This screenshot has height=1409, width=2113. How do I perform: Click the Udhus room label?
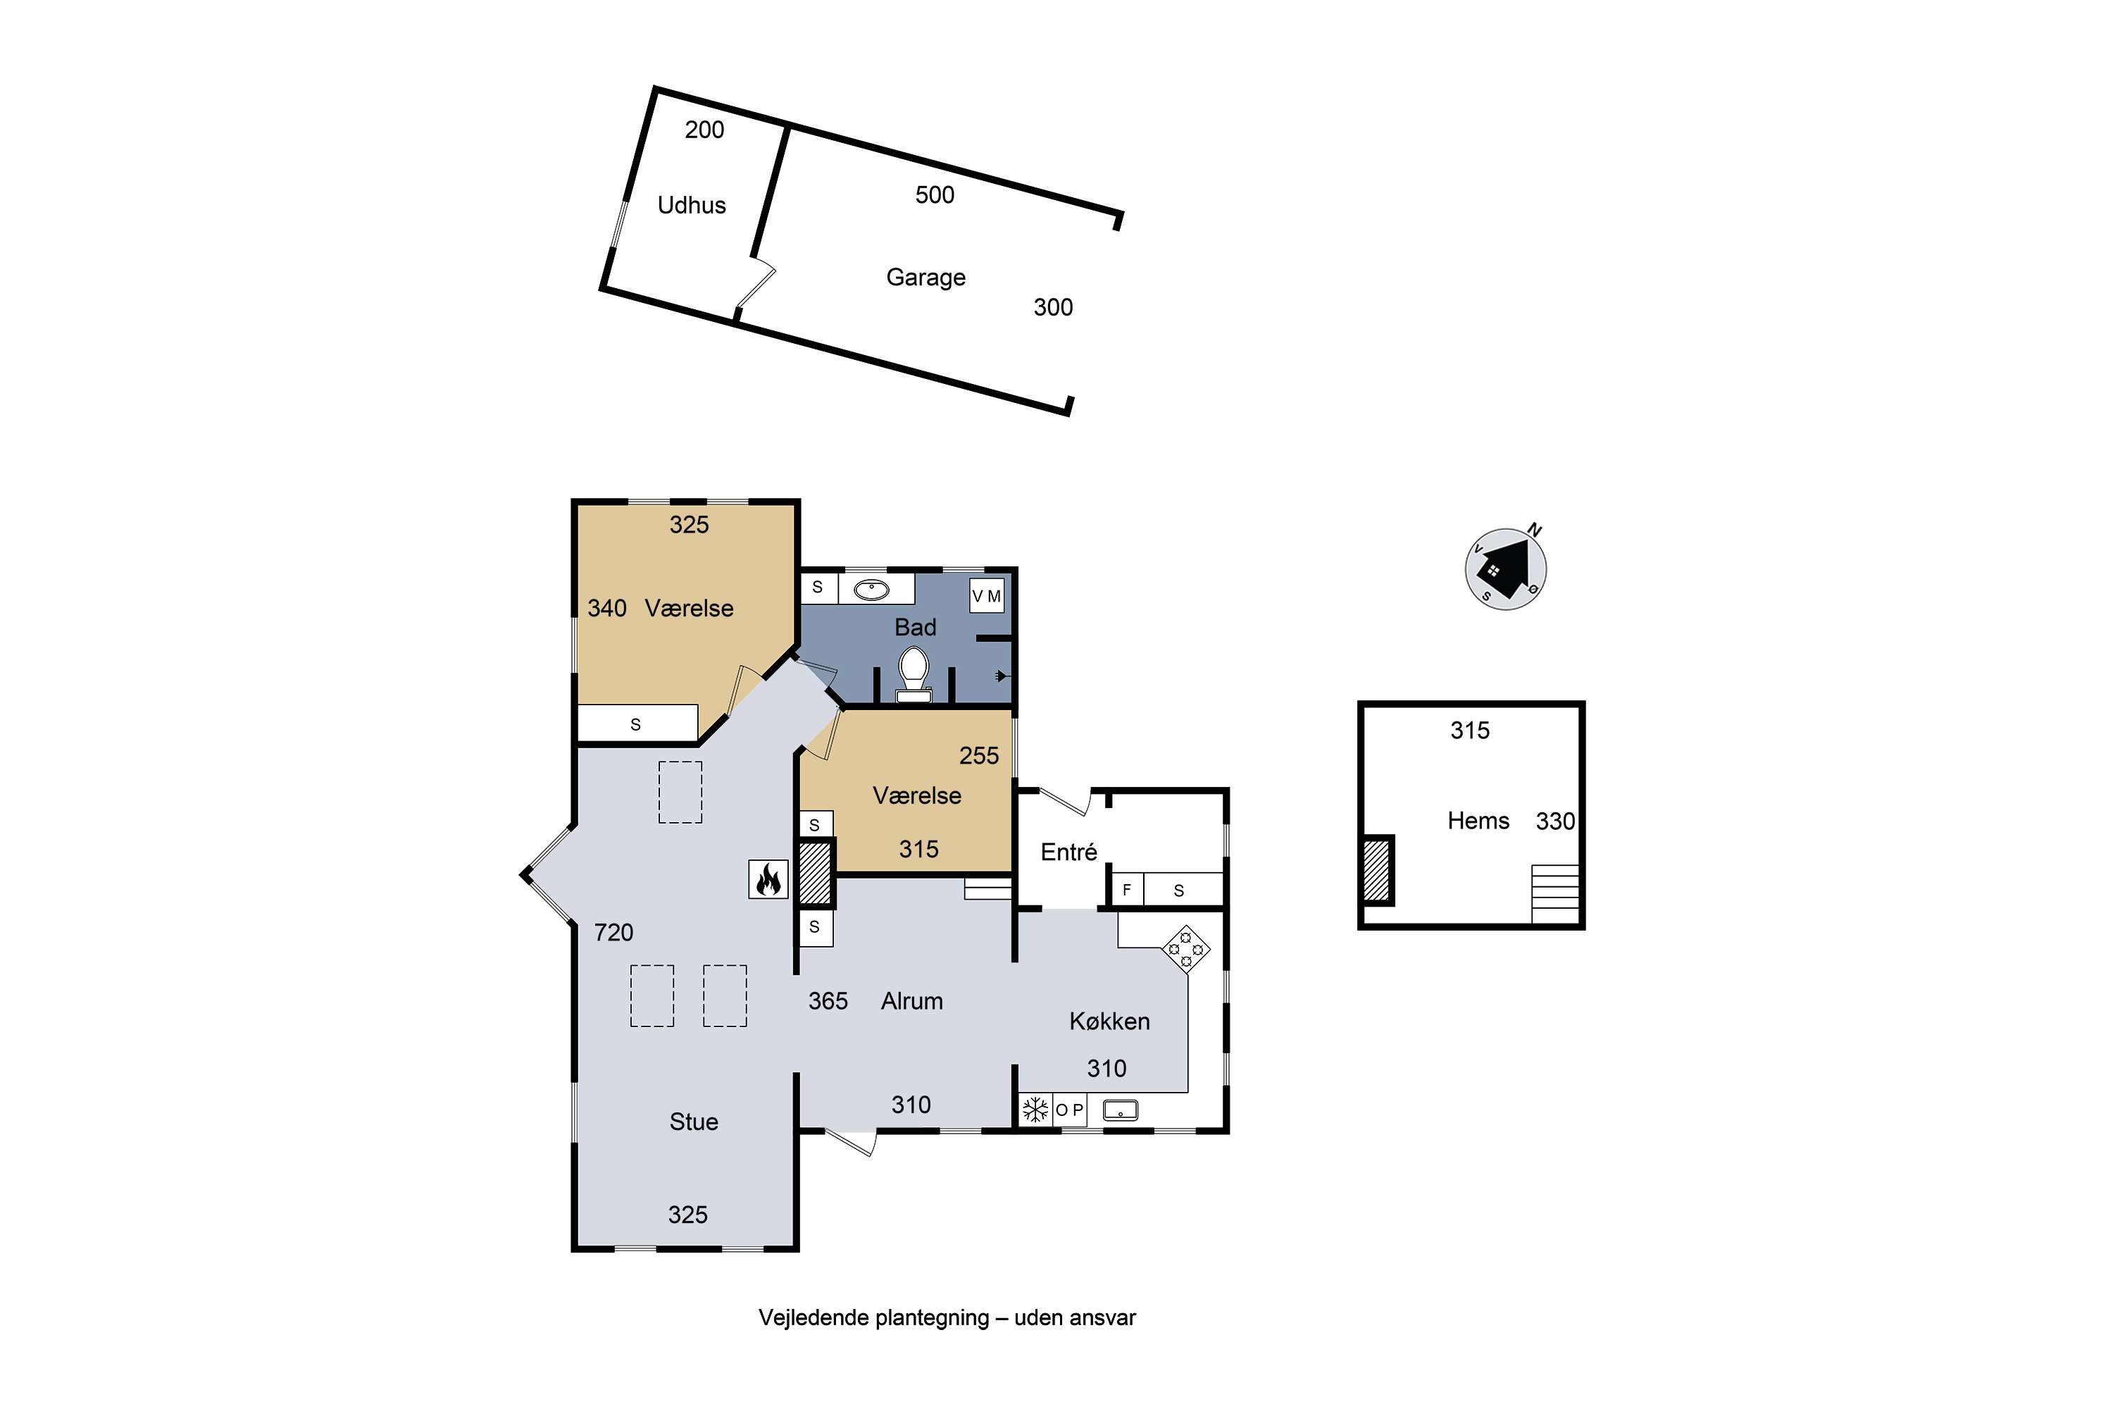point(691,205)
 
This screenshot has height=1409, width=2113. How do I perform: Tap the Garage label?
point(925,278)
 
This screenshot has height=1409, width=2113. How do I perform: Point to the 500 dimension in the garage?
point(935,195)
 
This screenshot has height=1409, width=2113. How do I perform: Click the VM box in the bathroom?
point(987,596)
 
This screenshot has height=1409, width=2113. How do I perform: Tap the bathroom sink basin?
point(871,590)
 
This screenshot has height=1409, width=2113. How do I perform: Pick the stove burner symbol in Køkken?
point(1186,949)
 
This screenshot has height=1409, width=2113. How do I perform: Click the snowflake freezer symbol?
point(1035,1110)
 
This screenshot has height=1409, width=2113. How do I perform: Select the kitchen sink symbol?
point(1121,1111)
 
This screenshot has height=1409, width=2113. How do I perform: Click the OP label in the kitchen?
point(1069,1110)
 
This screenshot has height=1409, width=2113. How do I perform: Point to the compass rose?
point(1506,568)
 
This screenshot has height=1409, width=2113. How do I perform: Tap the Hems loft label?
point(1478,821)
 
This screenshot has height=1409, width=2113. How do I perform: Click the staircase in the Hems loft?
point(1555,894)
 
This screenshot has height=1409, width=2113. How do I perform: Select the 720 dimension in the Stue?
point(613,933)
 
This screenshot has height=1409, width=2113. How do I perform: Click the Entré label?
point(1068,852)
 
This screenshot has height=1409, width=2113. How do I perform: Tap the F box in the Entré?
point(1126,890)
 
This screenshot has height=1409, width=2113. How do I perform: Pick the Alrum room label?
point(912,1001)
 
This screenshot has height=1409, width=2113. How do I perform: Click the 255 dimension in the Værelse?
point(978,756)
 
